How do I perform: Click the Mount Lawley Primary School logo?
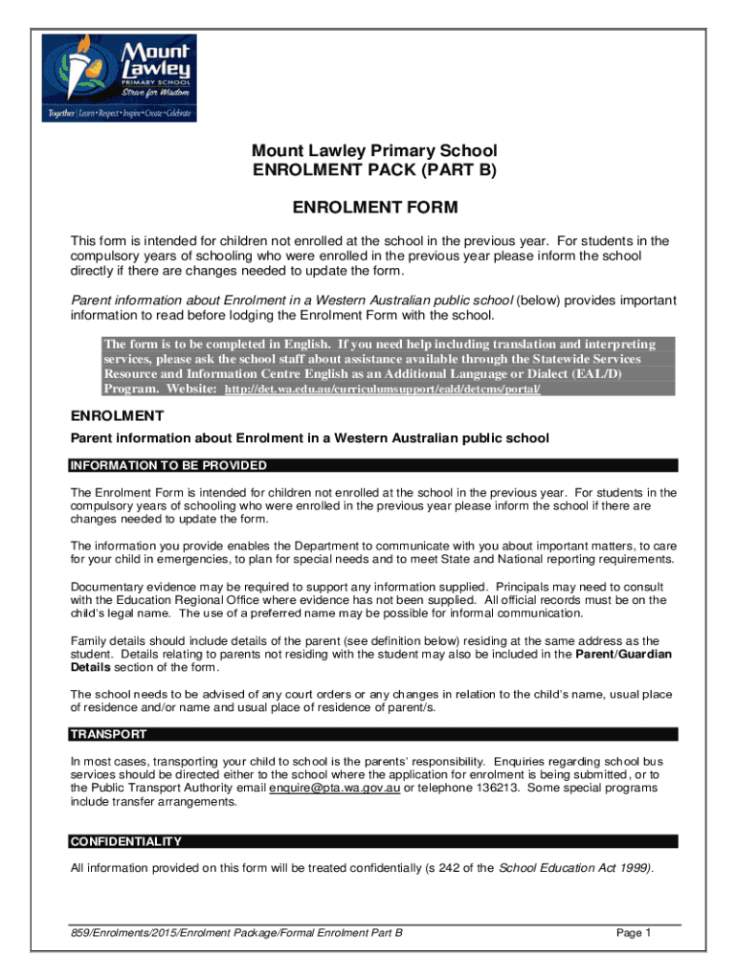click(x=119, y=78)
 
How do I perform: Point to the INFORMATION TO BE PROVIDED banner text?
click(x=167, y=466)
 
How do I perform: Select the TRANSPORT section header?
click(x=108, y=735)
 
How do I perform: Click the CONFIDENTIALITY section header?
click(x=125, y=842)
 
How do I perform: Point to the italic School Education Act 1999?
click(x=576, y=869)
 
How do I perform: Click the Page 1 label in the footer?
click(x=634, y=933)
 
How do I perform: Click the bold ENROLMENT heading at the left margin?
click(x=118, y=416)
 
